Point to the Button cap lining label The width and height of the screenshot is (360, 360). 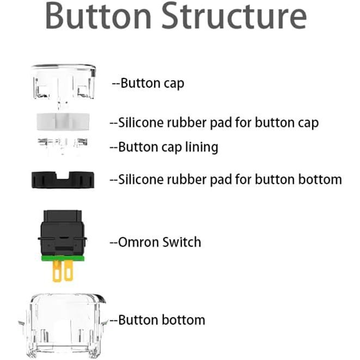tap(164, 147)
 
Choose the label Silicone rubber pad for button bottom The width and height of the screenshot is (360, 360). tap(225, 179)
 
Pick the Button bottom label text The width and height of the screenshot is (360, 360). tap(157, 320)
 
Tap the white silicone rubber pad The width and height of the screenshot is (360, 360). tap(64, 121)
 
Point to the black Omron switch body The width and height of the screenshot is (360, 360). tap(64, 231)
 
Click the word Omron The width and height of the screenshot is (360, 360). tap(138, 242)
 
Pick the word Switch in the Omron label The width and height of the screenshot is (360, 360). tap(182, 242)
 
